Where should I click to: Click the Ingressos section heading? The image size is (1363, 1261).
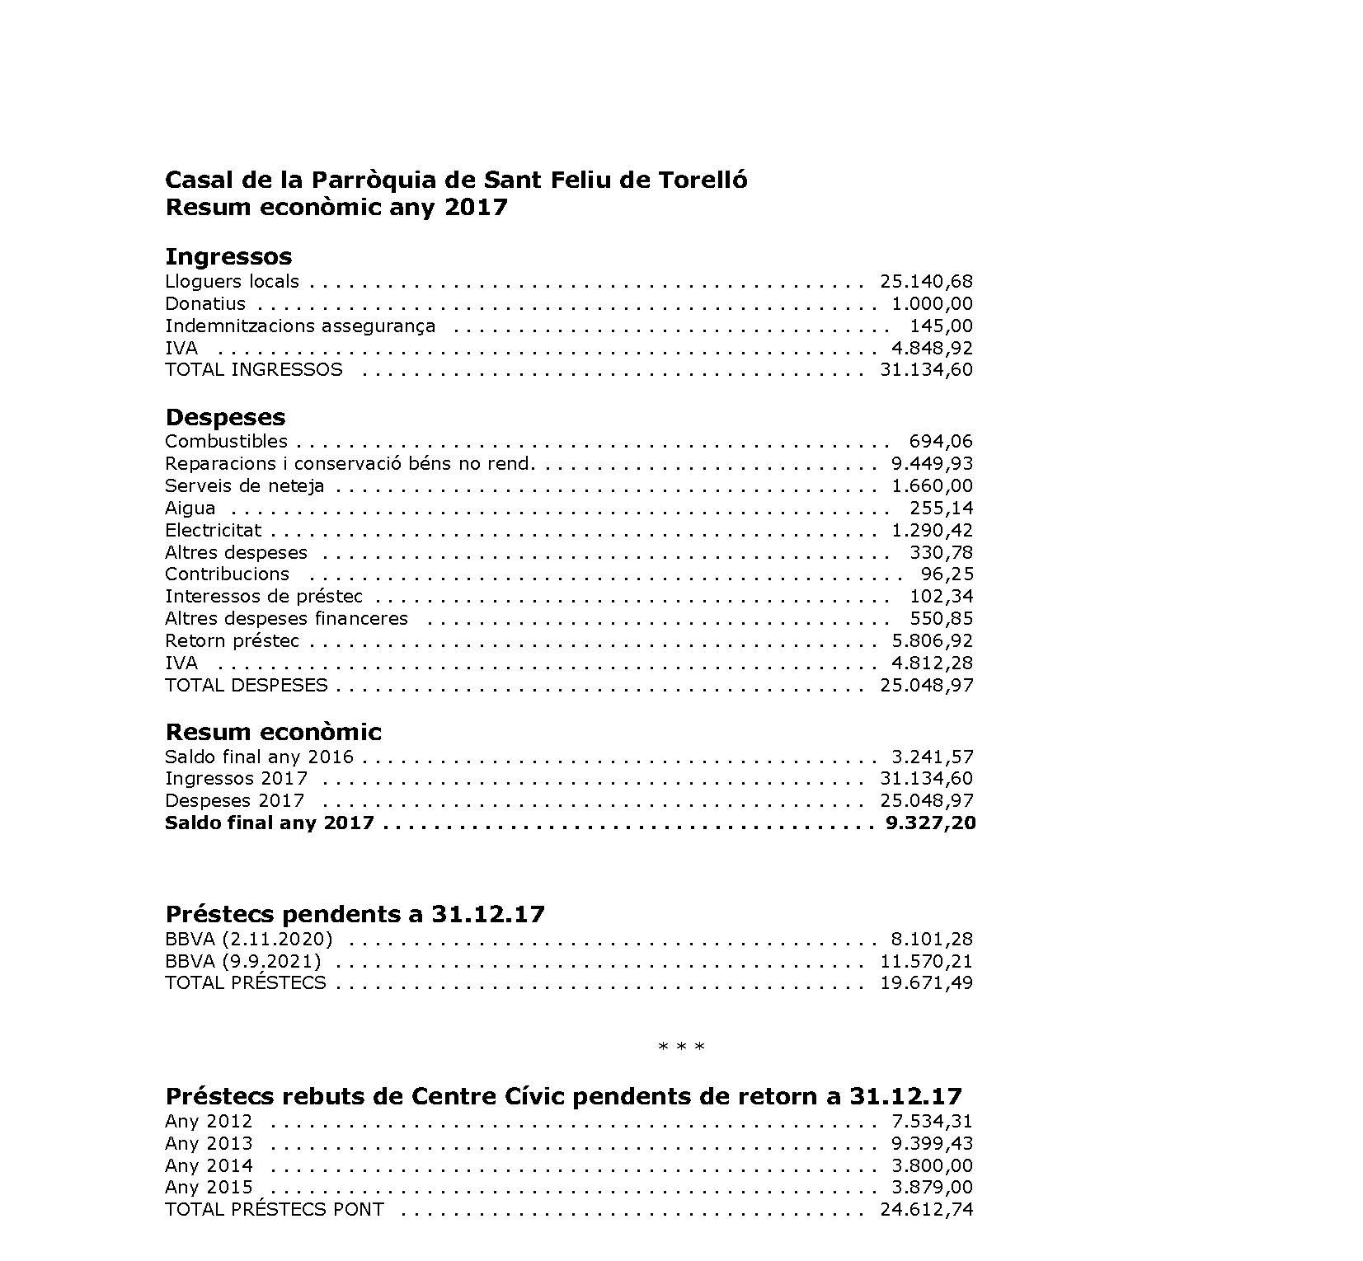tap(228, 256)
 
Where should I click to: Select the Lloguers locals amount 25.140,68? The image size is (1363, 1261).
tap(926, 282)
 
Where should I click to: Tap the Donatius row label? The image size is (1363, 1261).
tap(205, 304)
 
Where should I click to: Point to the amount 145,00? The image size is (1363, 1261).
tap(941, 326)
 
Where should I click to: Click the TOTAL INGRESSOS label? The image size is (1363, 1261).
tap(253, 370)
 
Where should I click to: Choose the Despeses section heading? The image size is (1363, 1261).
tap(225, 417)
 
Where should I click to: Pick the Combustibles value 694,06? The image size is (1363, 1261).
tap(941, 442)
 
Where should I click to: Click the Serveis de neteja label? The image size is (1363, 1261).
tap(244, 486)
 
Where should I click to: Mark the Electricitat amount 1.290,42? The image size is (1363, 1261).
tap(932, 531)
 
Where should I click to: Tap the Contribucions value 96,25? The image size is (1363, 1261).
tap(947, 574)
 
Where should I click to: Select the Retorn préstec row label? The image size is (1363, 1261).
tap(232, 641)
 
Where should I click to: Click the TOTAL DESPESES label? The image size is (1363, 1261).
tap(246, 686)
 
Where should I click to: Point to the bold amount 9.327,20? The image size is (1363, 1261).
tap(930, 823)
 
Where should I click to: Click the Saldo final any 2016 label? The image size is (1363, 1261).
tap(259, 757)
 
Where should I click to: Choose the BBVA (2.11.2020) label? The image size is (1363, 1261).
tap(248, 940)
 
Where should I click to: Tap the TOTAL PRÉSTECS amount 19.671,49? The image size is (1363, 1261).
tap(926, 983)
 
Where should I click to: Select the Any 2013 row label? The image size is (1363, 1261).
tap(209, 1144)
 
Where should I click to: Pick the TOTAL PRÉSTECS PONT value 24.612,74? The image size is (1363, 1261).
tap(926, 1211)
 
